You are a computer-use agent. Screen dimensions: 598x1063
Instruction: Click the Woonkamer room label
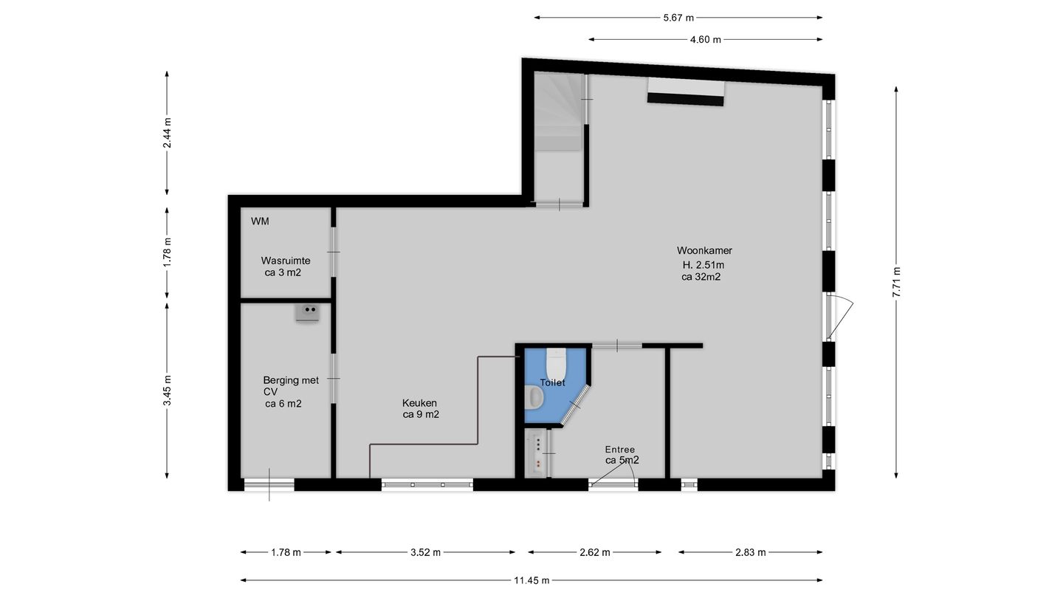click(x=703, y=250)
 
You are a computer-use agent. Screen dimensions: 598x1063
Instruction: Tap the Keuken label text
click(x=419, y=402)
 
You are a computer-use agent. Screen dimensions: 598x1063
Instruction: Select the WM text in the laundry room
click(x=260, y=221)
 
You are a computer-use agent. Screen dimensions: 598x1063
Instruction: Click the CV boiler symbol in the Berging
click(x=307, y=312)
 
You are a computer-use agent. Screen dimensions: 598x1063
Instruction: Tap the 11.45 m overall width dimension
click(x=531, y=580)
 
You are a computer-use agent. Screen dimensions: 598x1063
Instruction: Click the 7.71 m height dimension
click(x=896, y=281)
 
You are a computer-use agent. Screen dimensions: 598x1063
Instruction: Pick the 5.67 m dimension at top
click(x=678, y=18)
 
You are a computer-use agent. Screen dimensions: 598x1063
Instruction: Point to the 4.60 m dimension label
click(x=705, y=40)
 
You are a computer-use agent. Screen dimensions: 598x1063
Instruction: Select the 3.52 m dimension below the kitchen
click(x=425, y=552)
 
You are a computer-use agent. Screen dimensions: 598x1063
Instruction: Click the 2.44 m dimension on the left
click(x=168, y=134)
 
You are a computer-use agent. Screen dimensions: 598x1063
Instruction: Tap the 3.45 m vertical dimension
click(x=168, y=391)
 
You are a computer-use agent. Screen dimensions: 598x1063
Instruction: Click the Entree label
click(x=619, y=450)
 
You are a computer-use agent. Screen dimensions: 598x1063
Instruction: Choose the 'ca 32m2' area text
click(x=701, y=278)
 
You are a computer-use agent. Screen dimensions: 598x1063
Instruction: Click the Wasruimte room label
click(x=285, y=261)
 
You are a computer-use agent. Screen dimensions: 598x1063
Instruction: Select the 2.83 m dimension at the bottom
click(x=750, y=552)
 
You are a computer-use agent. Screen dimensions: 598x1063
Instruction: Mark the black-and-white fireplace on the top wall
click(x=686, y=92)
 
